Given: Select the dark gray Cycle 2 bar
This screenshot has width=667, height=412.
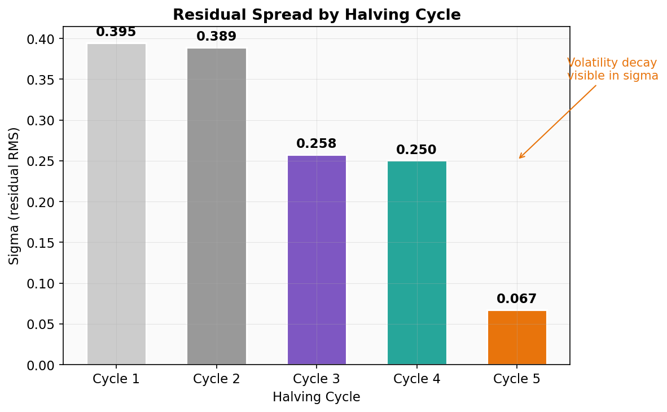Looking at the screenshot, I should click(217, 207).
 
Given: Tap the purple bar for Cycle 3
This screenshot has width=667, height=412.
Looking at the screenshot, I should click(317, 260).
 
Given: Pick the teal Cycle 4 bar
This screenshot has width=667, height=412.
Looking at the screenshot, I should click(416, 263).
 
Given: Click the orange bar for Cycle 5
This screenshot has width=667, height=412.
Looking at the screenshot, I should click(517, 338).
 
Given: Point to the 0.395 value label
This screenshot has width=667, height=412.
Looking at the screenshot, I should click(116, 32).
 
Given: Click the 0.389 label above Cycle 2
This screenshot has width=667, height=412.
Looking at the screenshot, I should click(217, 37).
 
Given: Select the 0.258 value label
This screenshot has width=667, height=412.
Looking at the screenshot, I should click(317, 144).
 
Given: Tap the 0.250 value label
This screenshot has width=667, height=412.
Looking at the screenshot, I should click(416, 150).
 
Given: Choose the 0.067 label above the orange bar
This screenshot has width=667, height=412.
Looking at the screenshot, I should click(517, 299).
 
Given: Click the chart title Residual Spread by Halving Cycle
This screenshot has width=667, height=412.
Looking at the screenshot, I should click(317, 15).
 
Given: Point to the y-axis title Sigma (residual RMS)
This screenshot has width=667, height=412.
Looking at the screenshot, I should click(14, 195).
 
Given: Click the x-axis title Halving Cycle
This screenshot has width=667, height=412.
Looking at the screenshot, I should click(317, 397).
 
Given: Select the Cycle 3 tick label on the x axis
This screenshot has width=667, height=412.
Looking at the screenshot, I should click(317, 379).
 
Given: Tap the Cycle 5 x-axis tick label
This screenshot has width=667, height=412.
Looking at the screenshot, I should click(517, 379).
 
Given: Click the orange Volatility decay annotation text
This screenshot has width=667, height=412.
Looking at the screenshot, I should click(612, 69).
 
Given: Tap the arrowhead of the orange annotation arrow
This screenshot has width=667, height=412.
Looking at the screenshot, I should click(520, 158).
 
